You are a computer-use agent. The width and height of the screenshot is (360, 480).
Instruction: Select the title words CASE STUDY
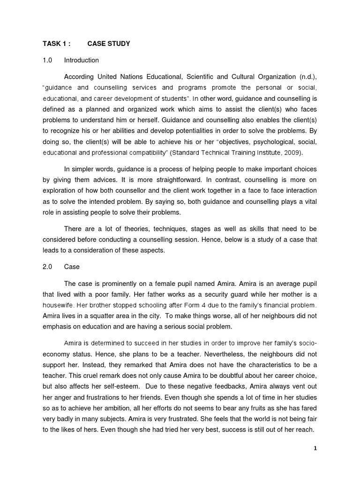tap(109, 44)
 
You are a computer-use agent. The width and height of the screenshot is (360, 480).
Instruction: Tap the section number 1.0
tap(47, 60)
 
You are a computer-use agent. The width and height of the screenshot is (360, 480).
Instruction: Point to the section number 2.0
tap(47, 267)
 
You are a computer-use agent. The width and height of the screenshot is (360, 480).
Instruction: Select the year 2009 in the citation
tap(292, 153)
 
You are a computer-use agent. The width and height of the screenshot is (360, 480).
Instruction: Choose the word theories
tap(124, 228)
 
